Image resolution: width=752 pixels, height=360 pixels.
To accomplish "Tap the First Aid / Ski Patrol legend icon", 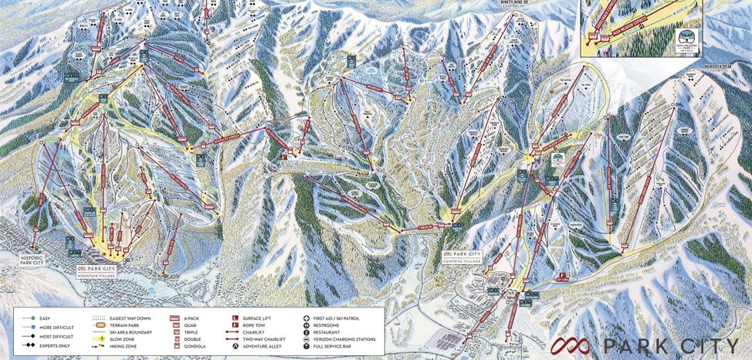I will click(308, 318).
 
